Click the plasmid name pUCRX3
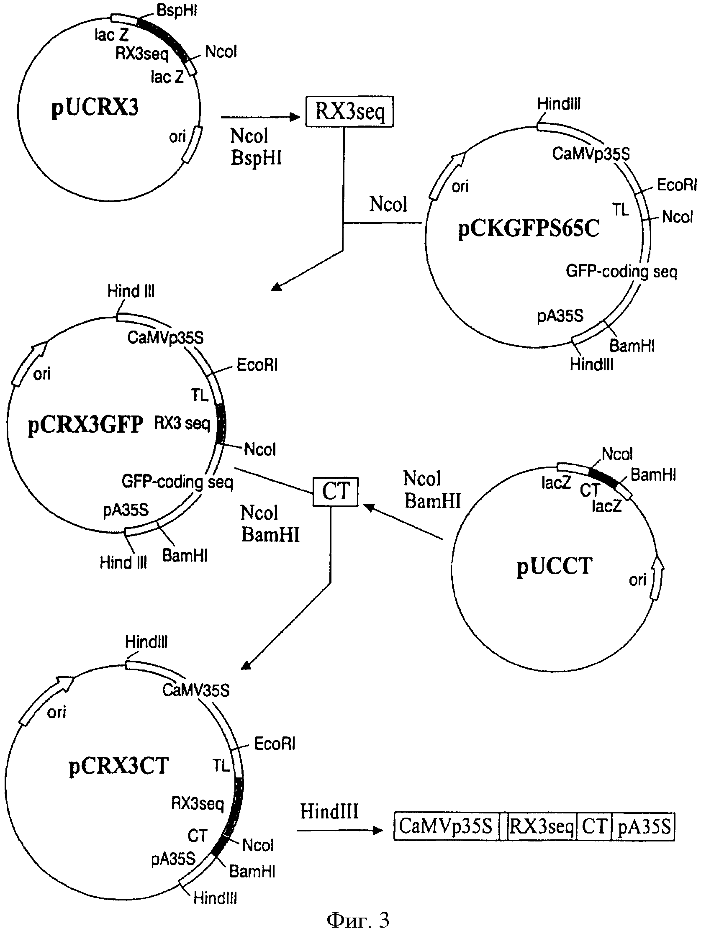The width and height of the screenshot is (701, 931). (95, 108)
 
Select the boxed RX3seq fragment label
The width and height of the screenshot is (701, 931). (349, 112)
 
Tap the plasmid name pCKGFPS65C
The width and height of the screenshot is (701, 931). (529, 229)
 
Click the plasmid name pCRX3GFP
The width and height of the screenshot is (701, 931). (85, 425)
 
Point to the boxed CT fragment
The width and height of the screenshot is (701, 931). (336, 492)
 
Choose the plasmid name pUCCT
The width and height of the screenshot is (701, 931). (555, 566)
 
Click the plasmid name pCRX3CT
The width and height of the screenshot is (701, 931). (119, 766)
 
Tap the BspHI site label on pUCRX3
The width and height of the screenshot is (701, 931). (177, 10)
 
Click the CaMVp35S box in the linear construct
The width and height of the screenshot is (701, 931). (446, 826)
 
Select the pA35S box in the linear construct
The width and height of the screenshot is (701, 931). (643, 826)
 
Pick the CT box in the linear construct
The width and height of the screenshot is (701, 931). (594, 826)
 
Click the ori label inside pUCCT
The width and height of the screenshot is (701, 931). (637, 580)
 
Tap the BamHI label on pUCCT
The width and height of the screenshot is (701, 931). (653, 475)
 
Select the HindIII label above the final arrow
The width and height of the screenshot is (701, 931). (329, 811)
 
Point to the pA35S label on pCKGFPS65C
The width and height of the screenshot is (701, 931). (560, 315)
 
